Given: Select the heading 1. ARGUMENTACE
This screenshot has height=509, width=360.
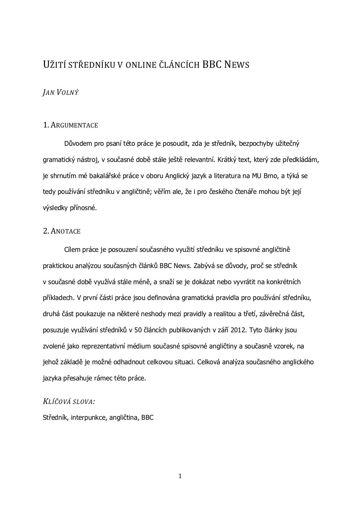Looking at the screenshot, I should click(70, 125).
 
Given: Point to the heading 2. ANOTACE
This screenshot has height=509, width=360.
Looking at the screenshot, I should click(62, 231).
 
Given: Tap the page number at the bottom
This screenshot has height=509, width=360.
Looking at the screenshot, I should click(180, 476).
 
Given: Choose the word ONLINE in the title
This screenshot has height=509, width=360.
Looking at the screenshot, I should click(139, 65).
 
